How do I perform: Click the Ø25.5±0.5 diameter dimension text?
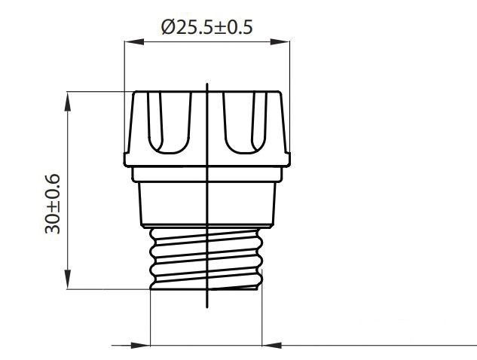207,27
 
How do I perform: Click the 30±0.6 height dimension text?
52,203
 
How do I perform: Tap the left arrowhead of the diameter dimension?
134,41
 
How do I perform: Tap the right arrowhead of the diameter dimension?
280,41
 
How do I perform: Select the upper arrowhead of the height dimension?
68,101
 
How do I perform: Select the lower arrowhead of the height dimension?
68,279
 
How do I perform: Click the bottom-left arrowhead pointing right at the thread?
141,346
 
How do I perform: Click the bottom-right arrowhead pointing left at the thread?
272,346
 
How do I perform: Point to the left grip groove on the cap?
170,123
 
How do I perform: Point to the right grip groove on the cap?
245,123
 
